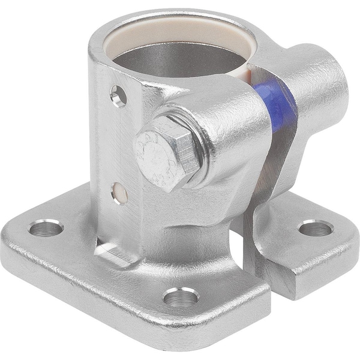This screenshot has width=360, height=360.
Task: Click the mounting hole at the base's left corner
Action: (x=47, y=228)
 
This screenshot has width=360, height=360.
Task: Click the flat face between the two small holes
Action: (x=119, y=144)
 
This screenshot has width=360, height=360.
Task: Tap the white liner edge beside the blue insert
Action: (x=255, y=78)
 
